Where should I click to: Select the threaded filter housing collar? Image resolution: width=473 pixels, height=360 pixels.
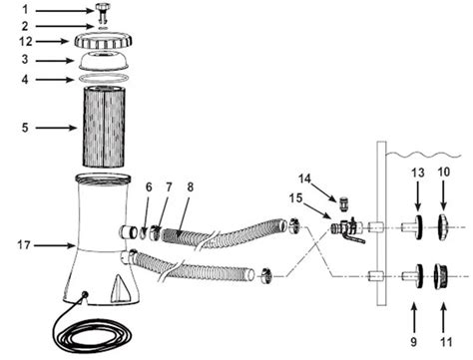[109, 41]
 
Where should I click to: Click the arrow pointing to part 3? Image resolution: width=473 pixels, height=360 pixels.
[50, 59]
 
